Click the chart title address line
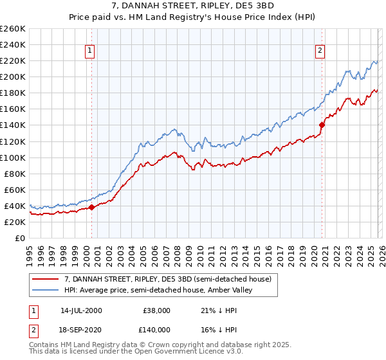click(193, 6)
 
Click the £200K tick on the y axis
click(13, 76)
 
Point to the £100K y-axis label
click(13, 157)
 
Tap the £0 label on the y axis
click(19, 238)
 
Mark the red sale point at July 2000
click(92, 207)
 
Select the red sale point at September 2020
click(322, 125)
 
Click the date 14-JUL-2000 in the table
click(81, 310)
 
